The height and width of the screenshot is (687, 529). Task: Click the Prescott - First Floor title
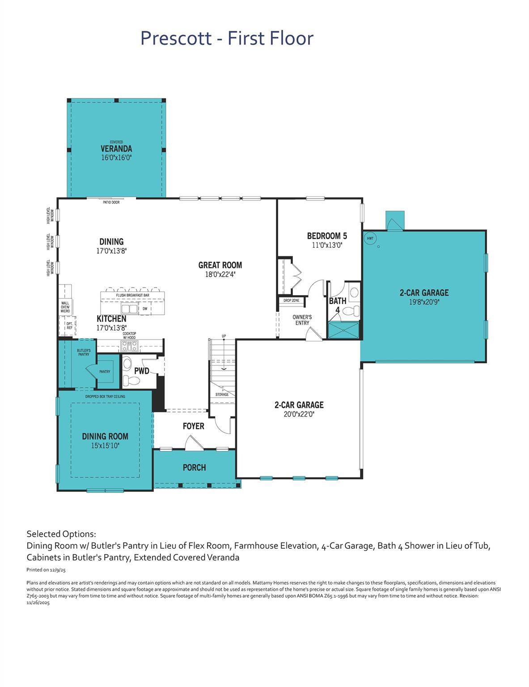point(227,38)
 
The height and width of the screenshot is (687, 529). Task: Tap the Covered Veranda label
point(116,148)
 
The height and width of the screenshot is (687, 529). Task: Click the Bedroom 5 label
point(327,236)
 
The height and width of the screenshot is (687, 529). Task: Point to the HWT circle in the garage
point(370,238)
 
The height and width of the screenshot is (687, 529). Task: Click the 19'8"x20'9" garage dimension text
point(424,302)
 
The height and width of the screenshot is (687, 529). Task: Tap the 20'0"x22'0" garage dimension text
point(299,414)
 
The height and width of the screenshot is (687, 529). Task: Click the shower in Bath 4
point(343,330)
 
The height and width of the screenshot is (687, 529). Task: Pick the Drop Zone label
point(292,301)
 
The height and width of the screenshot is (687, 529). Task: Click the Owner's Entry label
point(302,320)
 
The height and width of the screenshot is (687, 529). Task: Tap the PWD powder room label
point(142,371)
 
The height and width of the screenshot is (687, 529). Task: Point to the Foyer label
point(194,426)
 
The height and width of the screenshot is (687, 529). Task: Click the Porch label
point(194,467)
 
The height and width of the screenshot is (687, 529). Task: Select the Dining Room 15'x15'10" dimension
point(105,446)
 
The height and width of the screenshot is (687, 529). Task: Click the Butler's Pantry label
point(84,352)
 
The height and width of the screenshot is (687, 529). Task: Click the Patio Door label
point(111,203)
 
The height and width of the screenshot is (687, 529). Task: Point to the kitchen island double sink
point(129,309)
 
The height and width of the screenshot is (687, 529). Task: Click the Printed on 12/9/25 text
point(47,570)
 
